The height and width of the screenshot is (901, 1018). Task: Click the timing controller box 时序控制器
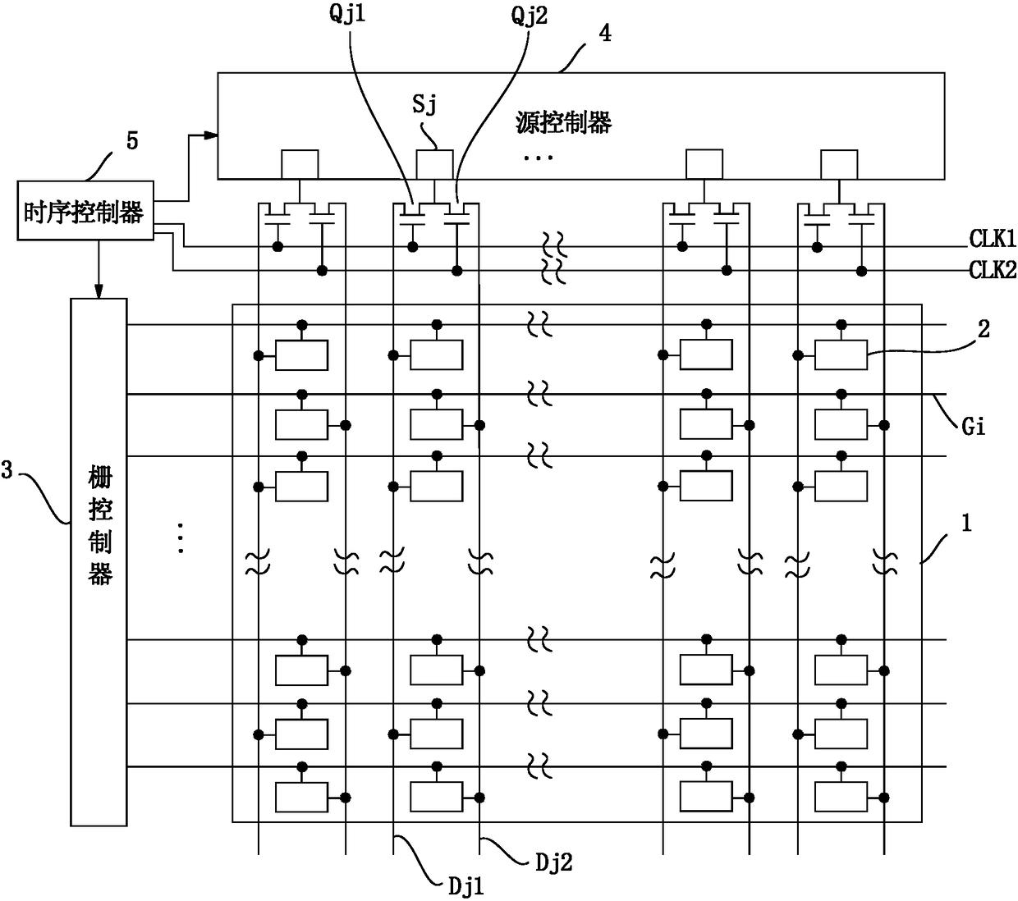click(x=85, y=210)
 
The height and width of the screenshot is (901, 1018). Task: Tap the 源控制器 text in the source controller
click(x=563, y=122)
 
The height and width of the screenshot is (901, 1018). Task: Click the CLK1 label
click(x=993, y=239)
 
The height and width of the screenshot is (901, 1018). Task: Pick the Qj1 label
click(x=347, y=14)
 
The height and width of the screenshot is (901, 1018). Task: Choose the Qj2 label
click(x=529, y=16)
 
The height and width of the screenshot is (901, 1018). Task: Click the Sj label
click(x=424, y=104)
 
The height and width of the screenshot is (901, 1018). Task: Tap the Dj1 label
click(x=465, y=887)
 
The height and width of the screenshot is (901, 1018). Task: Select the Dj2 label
click(x=553, y=862)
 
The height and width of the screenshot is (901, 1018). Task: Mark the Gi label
click(x=974, y=427)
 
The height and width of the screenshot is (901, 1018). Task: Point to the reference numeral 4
click(x=606, y=33)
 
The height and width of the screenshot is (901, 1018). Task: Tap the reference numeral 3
click(x=7, y=470)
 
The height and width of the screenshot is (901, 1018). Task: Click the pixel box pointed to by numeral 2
click(x=841, y=355)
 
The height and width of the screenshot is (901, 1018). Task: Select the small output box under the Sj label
click(x=434, y=164)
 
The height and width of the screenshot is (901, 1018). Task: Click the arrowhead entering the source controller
click(x=211, y=135)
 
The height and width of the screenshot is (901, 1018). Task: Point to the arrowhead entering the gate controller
click(x=99, y=292)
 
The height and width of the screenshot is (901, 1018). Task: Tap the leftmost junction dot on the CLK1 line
click(x=277, y=247)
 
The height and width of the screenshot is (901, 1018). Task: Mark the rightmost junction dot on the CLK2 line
click(x=861, y=272)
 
